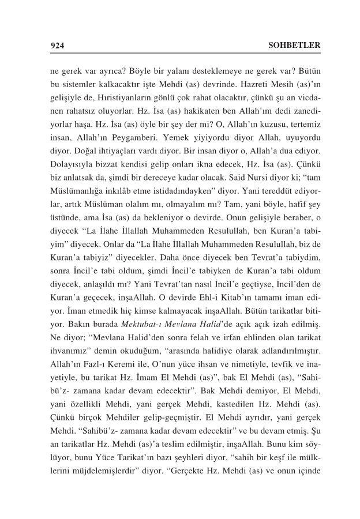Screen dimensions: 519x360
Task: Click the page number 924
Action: coord(57,45)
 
